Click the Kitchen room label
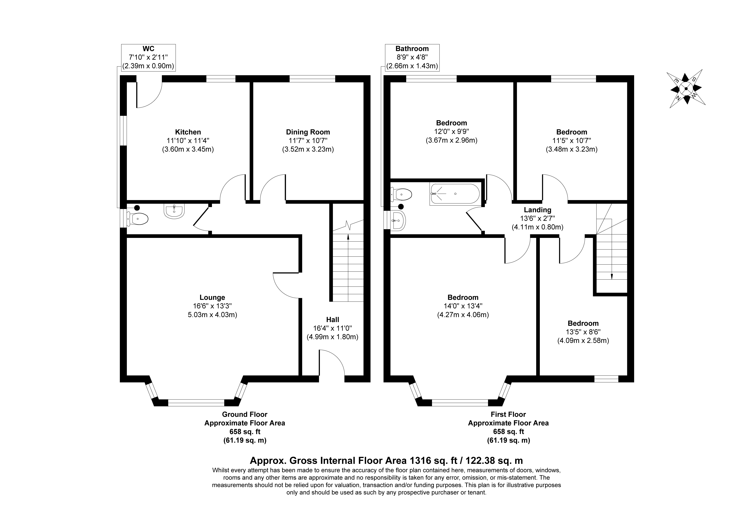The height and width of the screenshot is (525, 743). click(188, 132)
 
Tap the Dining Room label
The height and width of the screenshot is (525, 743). click(308, 132)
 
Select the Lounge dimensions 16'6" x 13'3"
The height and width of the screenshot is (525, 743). click(212, 306)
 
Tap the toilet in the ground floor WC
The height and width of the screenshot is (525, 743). click(139, 219)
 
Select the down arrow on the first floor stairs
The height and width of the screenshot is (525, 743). click(612, 276)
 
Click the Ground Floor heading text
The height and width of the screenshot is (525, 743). click(245, 414)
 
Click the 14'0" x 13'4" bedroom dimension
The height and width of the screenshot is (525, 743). click(463, 306)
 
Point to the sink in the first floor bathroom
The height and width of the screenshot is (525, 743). click(398, 221)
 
